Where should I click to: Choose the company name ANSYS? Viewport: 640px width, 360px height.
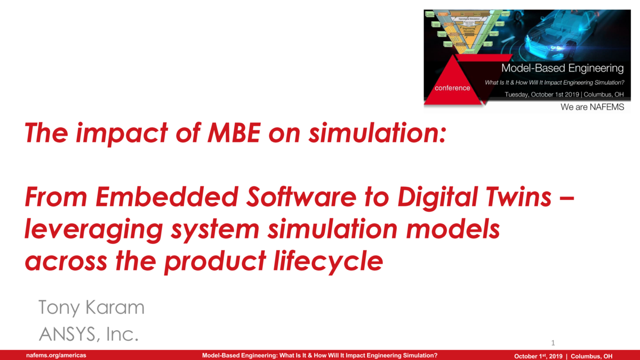pos(68,334)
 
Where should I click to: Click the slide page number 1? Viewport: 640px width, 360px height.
pos(553,342)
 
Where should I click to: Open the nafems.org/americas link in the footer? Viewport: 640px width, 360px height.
pos(57,355)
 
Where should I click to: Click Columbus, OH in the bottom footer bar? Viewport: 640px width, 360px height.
pos(591,356)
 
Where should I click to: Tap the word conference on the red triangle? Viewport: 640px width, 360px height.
pos(452,88)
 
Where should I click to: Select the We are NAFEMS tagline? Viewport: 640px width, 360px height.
pos(592,107)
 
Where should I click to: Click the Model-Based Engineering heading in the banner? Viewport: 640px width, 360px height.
pos(562,68)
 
